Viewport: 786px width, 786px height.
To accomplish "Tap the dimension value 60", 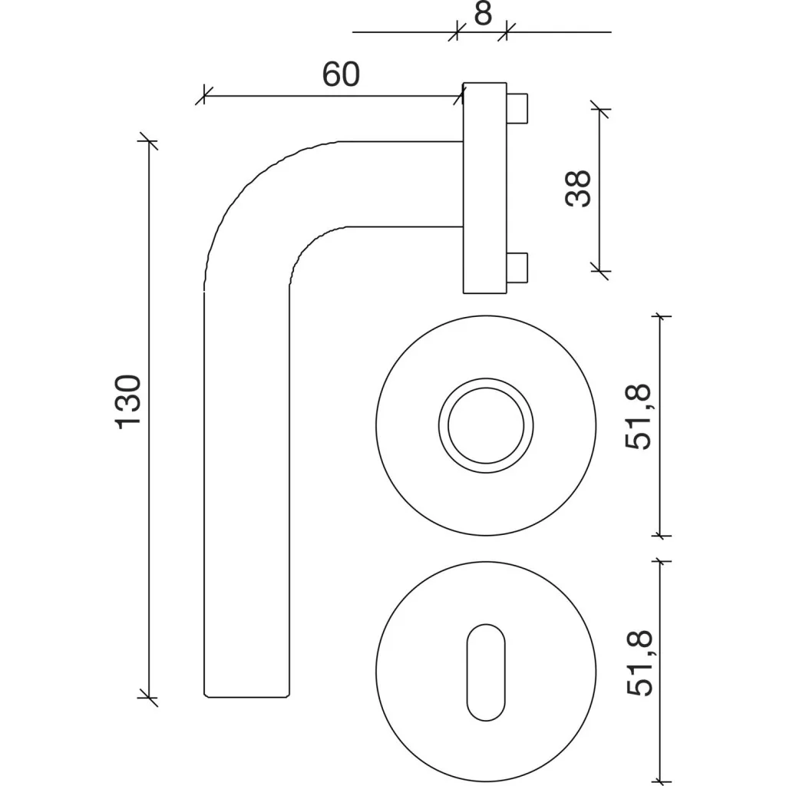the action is point(341,74).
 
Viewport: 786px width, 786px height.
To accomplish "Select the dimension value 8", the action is point(483,14).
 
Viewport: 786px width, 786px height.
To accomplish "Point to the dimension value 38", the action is point(578,189).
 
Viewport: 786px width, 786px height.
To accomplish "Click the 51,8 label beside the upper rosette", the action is point(638,417).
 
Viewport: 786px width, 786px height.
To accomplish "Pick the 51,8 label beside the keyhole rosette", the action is point(639,663).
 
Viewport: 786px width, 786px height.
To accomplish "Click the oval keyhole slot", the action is point(486,672).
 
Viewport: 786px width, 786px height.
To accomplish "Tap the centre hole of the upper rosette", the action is point(486,425).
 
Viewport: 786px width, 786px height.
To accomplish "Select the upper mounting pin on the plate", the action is point(517,107).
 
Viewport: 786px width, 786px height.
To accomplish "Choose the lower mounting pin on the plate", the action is point(517,268).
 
